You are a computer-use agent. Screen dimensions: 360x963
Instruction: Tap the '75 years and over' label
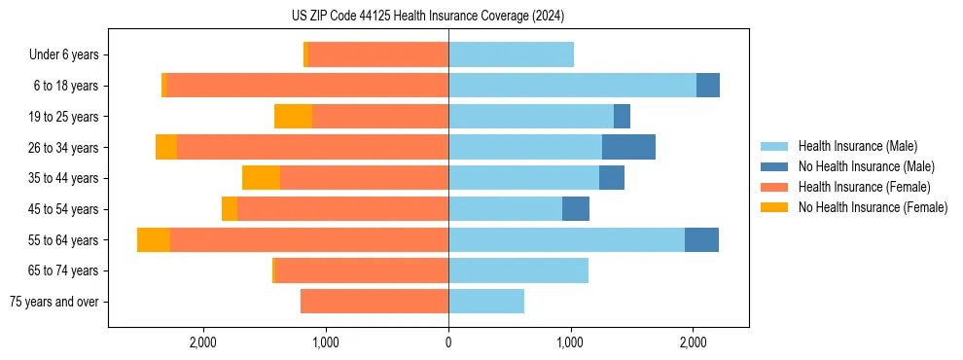pos(53,302)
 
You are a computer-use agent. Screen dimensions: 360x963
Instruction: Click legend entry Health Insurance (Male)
pos(857,146)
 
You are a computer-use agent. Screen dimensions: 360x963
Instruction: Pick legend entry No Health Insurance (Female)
pos(873,207)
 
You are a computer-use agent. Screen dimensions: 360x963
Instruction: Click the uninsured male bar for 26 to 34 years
pos(628,147)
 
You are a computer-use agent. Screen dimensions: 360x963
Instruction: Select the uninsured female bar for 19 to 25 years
pos(293,116)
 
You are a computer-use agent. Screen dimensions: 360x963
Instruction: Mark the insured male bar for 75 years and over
pos(486,302)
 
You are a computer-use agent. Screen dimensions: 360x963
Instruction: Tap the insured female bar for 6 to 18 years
pos(307,86)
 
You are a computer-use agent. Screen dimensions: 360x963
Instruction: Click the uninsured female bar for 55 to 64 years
pos(154,239)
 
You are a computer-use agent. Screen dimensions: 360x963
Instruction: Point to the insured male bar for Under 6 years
pos(511,54)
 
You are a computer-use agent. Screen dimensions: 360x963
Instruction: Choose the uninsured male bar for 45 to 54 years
pos(576,208)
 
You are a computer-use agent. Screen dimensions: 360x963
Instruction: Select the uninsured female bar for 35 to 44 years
pos(261,178)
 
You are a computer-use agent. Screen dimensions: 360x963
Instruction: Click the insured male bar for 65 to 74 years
pos(518,270)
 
